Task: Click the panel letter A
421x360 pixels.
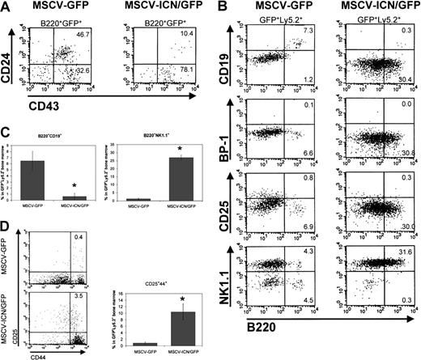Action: (7, 7)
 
